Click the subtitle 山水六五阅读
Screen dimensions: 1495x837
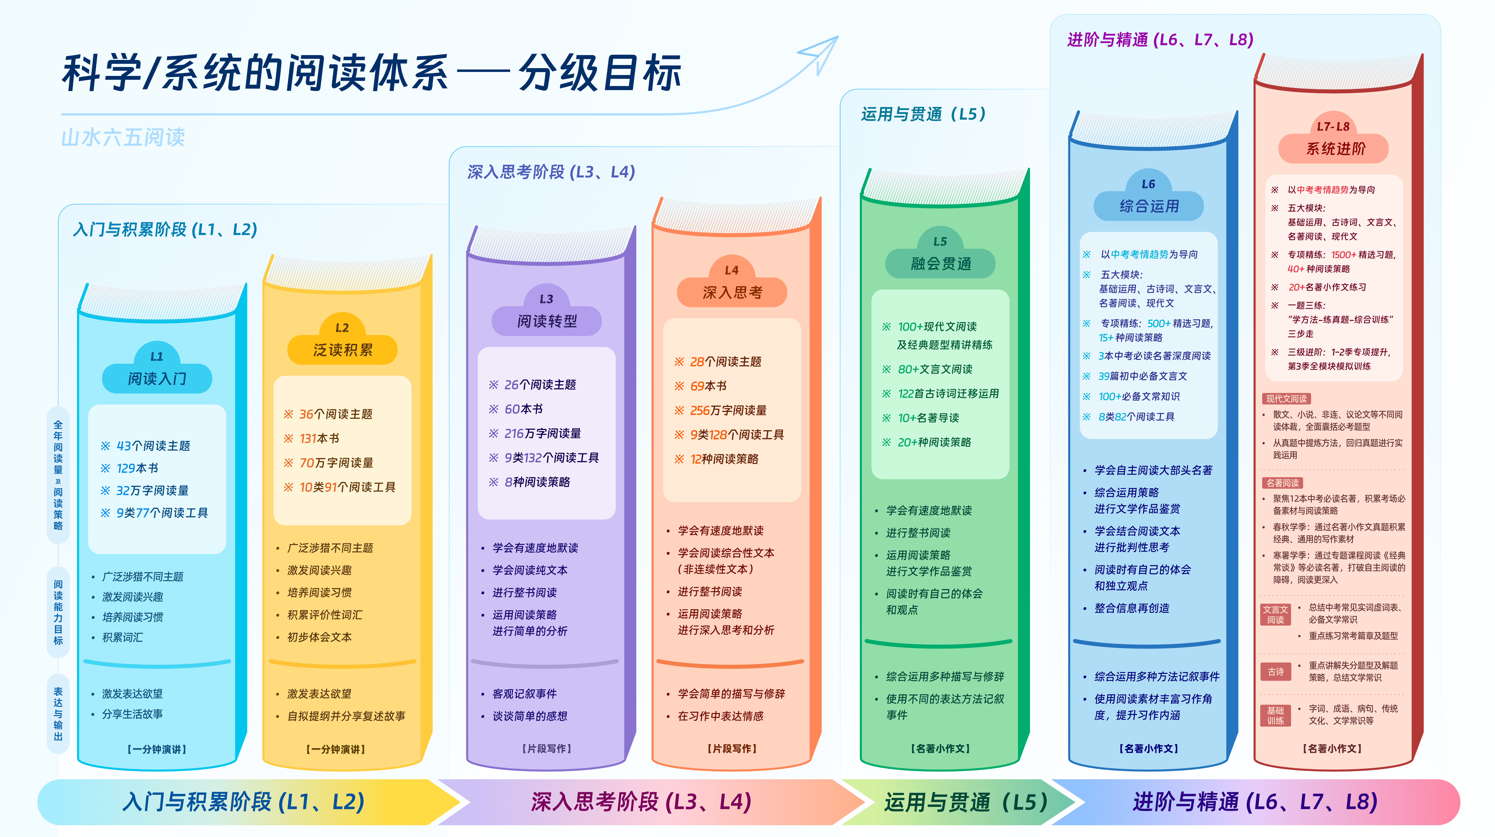(x=123, y=138)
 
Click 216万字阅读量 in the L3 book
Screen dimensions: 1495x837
(x=543, y=433)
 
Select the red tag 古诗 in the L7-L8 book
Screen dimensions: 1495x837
(x=1276, y=672)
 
